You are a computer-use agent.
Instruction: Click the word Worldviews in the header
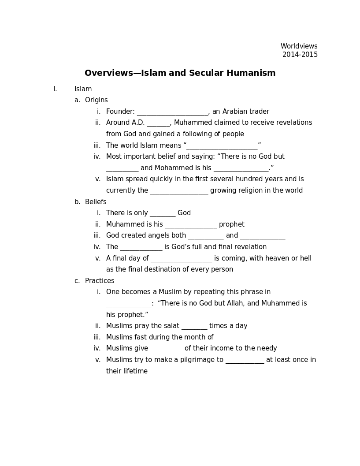click(299, 46)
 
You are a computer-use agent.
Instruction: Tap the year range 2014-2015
click(300, 55)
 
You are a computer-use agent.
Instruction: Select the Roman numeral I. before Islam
click(55, 89)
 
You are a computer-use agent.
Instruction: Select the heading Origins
click(96, 100)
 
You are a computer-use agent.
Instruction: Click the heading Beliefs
click(96, 202)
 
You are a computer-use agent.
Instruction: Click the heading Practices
click(100, 281)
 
